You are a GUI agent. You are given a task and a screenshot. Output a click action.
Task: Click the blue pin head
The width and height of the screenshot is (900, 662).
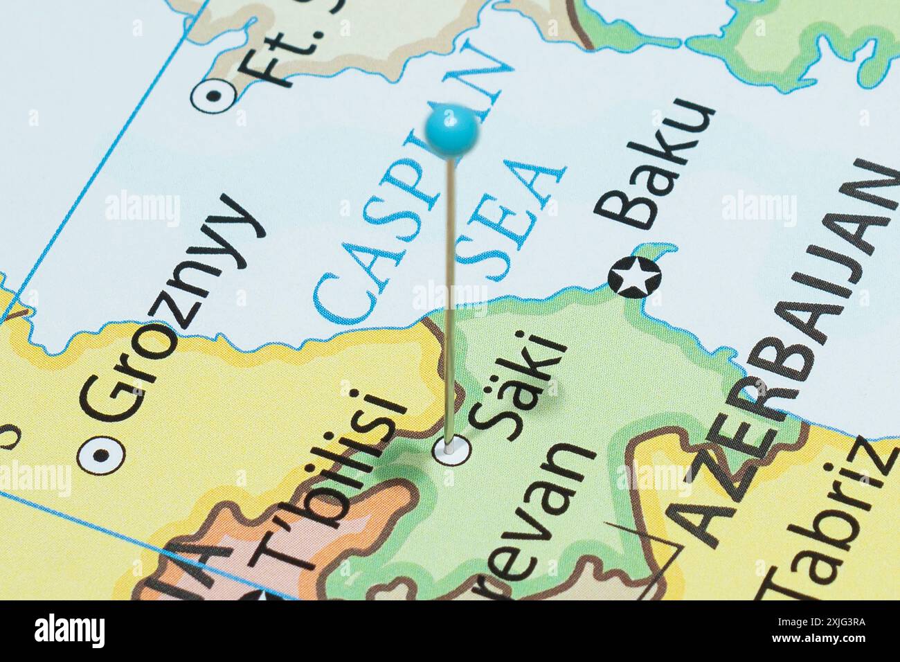tap(451, 129)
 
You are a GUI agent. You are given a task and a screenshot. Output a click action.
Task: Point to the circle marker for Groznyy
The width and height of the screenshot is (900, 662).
tap(101, 455)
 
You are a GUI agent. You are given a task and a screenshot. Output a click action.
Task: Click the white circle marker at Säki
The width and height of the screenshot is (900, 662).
tap(451, 449)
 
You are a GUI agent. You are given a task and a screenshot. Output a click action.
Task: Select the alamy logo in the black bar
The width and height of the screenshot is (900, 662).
tap(69, 631)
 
